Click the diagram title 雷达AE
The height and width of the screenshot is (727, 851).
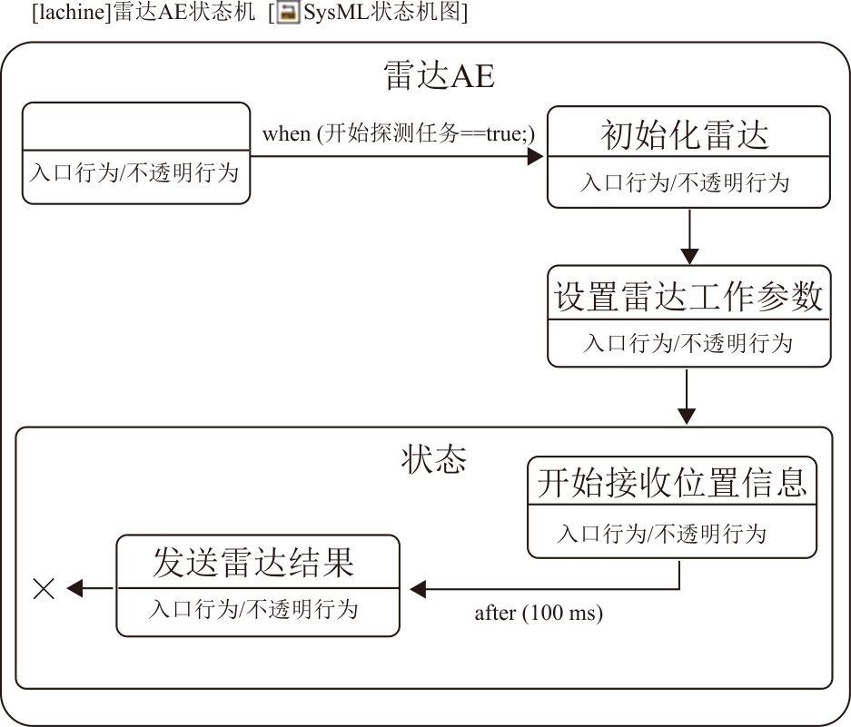pyautogui.click(x=440, y=76)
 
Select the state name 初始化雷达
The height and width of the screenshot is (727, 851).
pyautogui.click(x=685, y=135)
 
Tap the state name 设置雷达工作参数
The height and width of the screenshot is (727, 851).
pyautogui.click(x=688, y=297)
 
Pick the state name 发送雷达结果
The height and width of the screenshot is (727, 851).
pyautogui.click(x=252, y=563)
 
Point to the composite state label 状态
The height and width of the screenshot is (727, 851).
pyautogui.click(x=434, y=459)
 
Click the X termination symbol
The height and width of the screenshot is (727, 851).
pyautogui.click(x=44, y=589)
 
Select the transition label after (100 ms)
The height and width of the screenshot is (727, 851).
pyautogui.click(x=539, y=613)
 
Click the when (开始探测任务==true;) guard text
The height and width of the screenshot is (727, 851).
pyautogui.click(x=399, y=133)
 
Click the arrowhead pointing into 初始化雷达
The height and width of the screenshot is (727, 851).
pyautogui.click(x=535, y=156)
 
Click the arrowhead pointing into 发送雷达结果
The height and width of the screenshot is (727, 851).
pyautogui.click(x=418, y=589)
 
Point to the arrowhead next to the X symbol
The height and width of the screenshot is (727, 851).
pyautogui.click(x=75, y=589)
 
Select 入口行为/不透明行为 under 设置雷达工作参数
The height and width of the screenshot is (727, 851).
pyautogui.click(x=688, y=343)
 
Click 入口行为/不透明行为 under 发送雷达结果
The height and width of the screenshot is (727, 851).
pyautogui.click(x=253, y=608)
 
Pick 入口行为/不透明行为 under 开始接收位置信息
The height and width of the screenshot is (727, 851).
pyautogui.click(x=662, y=533)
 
